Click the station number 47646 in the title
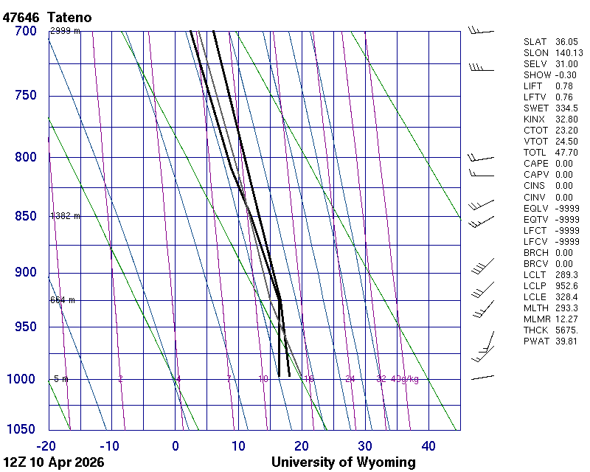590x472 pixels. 21,17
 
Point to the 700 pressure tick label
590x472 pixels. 25,31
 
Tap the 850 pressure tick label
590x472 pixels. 25,216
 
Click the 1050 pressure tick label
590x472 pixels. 21,429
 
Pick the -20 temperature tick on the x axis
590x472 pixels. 46,445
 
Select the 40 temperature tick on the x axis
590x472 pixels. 428,445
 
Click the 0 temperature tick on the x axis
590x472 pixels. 176,445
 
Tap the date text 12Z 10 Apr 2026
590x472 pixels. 54,462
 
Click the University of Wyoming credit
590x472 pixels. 343,462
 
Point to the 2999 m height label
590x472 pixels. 65,31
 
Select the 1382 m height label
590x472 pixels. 65,216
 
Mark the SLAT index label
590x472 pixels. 535,42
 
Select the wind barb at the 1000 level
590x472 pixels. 482,377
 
